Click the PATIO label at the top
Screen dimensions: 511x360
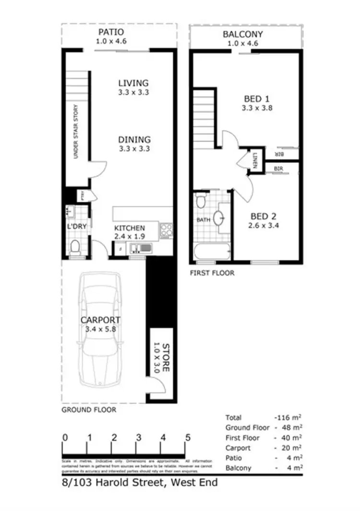click(111, 32)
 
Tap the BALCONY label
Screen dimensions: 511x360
click(242, 35)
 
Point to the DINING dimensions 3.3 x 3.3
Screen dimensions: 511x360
click(134, 149)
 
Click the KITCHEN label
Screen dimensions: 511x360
click(129, 228)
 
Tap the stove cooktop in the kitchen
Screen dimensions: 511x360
click(166, 230)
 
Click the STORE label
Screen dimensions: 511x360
click(165, 358)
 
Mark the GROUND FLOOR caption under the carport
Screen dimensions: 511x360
click(89, 410)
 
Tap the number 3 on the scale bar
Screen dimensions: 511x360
click(139, 438)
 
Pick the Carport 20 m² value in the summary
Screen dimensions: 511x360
click(292, 448)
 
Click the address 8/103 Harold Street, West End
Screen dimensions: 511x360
click(139, 483)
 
